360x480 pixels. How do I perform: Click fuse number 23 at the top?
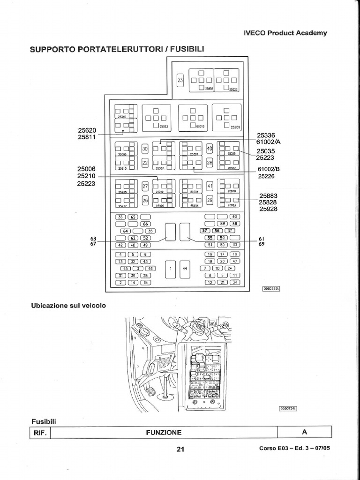[180, 81]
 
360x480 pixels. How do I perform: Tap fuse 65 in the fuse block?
[133, 217]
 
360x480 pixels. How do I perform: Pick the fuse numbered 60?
[234, 217]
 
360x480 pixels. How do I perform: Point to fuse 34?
[234, 282]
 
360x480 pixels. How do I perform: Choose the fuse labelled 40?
[210, 149]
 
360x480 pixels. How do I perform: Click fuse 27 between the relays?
[145, 186]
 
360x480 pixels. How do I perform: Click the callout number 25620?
[87, 130]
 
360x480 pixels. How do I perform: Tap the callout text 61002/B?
[268, 170]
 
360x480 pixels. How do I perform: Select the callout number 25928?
[269, 209]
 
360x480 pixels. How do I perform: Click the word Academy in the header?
[311, 33]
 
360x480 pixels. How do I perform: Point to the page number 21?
[180, 449]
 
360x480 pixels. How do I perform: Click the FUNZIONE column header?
[164, 432]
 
